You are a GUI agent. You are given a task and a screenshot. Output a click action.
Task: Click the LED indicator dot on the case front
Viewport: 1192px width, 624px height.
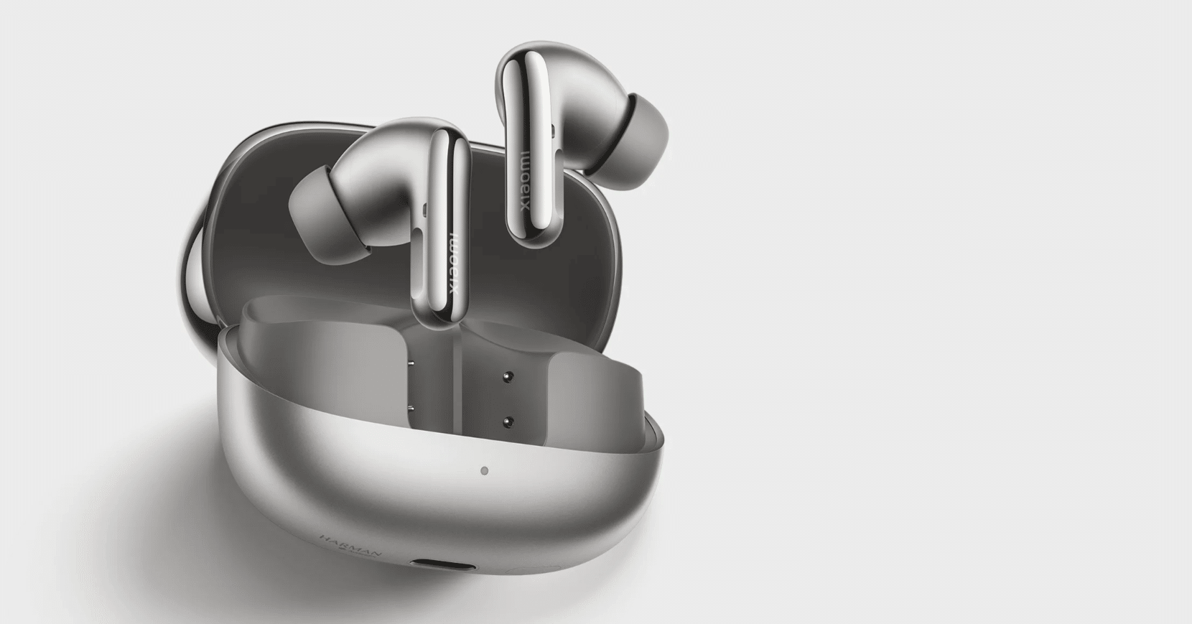485,472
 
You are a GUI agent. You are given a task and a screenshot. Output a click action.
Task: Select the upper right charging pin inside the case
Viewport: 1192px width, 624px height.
508,376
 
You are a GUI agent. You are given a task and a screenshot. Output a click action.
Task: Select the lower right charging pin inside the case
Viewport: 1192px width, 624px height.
508,421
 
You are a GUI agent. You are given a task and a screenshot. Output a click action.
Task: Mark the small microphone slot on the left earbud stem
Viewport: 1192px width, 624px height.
425,209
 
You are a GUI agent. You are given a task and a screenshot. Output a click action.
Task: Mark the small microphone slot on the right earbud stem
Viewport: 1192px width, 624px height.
554,129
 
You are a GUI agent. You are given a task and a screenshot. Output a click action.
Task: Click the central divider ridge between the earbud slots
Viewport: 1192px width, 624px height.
460,359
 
